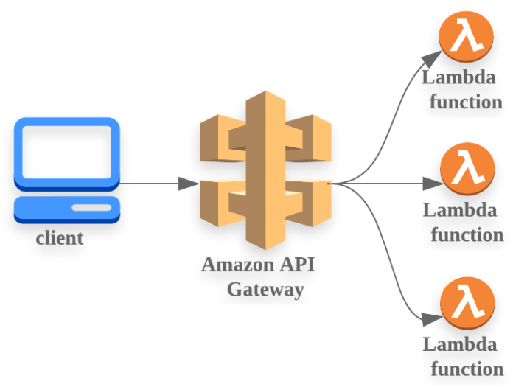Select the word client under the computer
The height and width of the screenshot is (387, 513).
(60, 239)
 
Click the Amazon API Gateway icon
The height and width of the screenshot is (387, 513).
(265, 170)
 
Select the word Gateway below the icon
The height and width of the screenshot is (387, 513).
(265, 289)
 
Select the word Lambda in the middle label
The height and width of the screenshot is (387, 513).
(460, 210)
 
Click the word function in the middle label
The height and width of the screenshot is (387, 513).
(467, 235)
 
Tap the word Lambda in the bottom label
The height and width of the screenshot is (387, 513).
(460, 344)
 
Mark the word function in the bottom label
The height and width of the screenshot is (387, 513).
(467, 369)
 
